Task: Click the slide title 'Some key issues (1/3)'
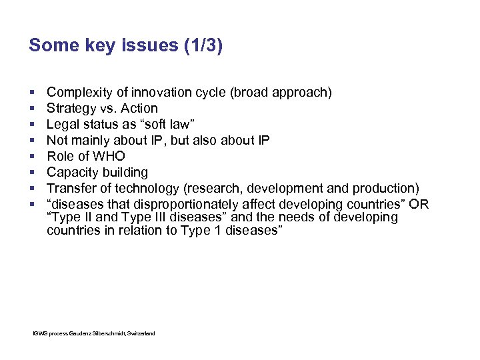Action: pyautogui.click(x=126, y=46)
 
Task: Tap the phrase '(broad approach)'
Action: pyautogui.click(x=281, y=92)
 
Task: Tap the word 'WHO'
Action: pyautogui.click(x=109, y=156)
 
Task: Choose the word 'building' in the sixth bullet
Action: pyautogui.click(x=125, y=172)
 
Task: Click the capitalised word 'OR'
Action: pyautogui.click(x=420, y=204)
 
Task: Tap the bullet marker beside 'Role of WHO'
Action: pyautogui.click(x=32, y=157)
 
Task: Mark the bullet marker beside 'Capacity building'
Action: pyautogui.click(x=32, y=173)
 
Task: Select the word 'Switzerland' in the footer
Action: pyautogui.click(x=141, y=333)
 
